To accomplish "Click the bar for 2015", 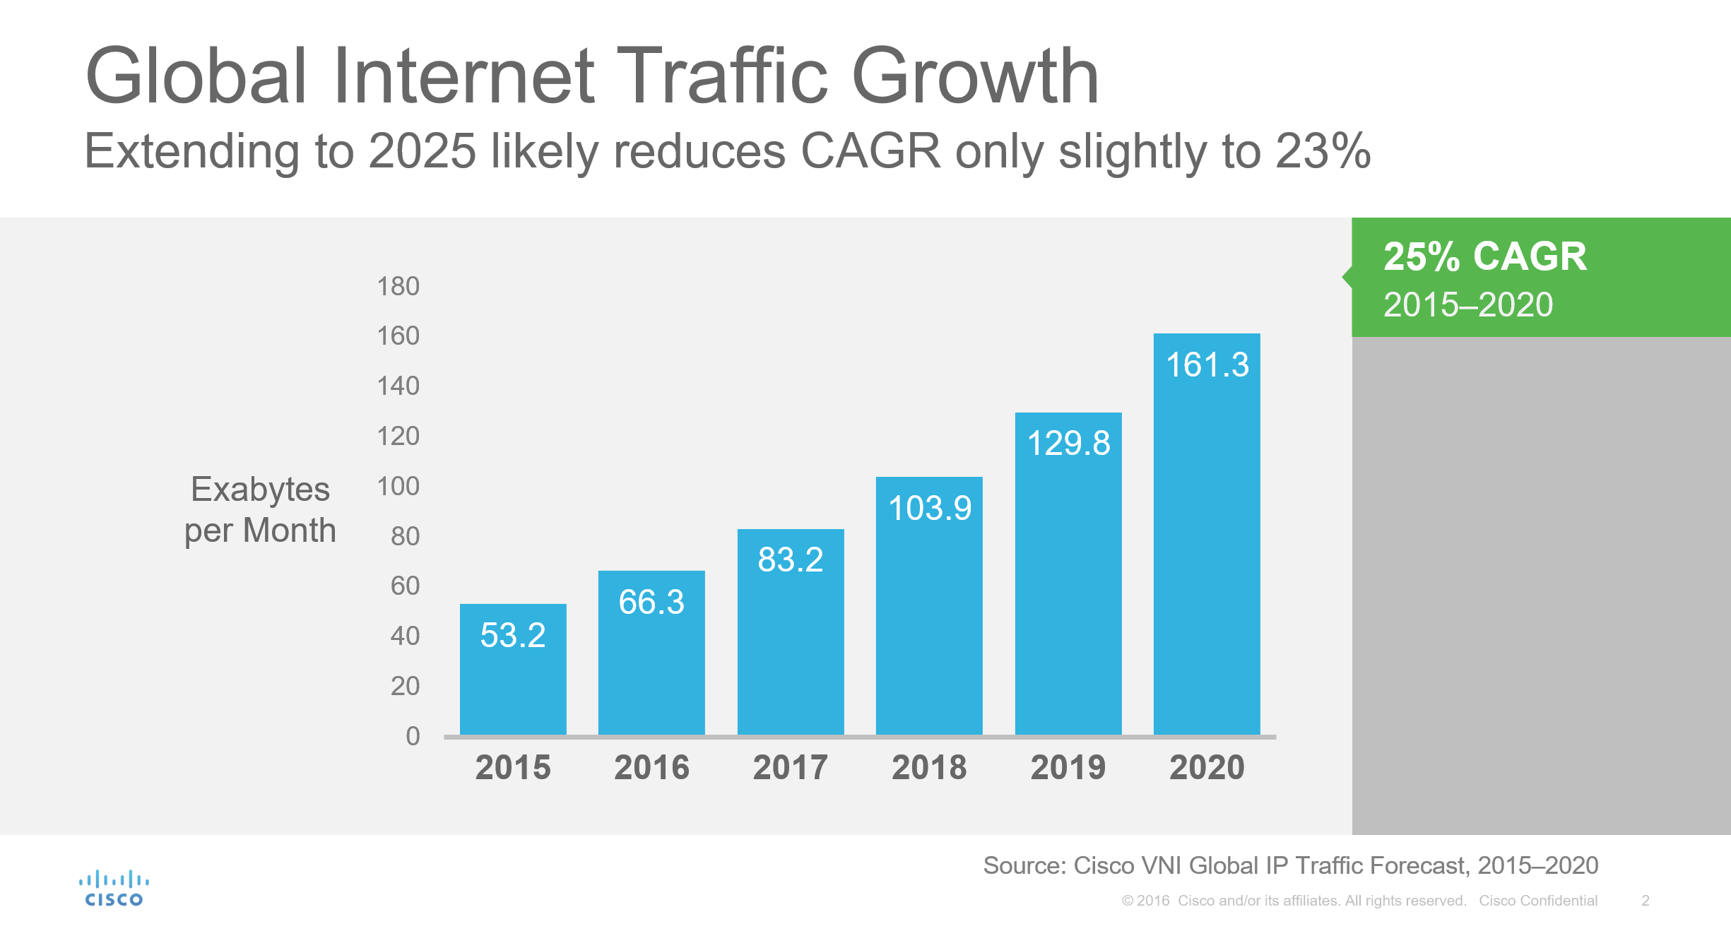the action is click(x=513, y=669).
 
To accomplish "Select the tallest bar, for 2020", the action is click(x=1207, y=534).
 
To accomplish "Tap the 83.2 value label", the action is click(x=791, y=559).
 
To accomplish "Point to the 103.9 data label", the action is click(x=930, y=508).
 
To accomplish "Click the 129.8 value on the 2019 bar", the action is click(x=1068, y=443).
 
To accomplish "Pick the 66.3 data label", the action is click(x=651, y=602).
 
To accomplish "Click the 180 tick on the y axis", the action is click(x=398, y=286).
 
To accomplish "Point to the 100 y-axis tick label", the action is click(x=398, y=486).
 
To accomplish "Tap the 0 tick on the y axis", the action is click(x=413, y=736).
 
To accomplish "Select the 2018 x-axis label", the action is click(x=929, y=767).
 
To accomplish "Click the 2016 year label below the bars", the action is click(x=651, y=767).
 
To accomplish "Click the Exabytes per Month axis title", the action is click(x=260, y=509).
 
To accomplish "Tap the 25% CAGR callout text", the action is click(x=1485, y=256).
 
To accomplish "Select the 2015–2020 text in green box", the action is click(x=1468, y=304).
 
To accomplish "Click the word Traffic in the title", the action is click(x=722, y=76).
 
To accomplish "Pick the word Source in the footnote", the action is click(x=1024, y=865).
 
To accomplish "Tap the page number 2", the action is click(x=1646, y=901).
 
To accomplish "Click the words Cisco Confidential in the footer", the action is click(x=1538, y=901).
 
